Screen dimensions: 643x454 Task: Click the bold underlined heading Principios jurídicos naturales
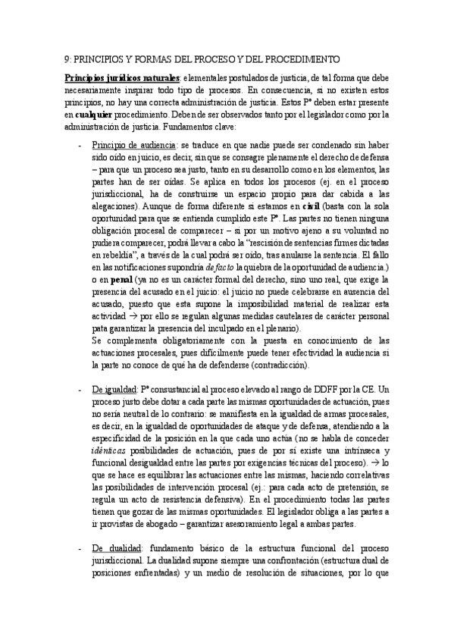[x=122, y=77]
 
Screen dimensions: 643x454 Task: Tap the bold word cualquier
[x=93, y=114]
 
